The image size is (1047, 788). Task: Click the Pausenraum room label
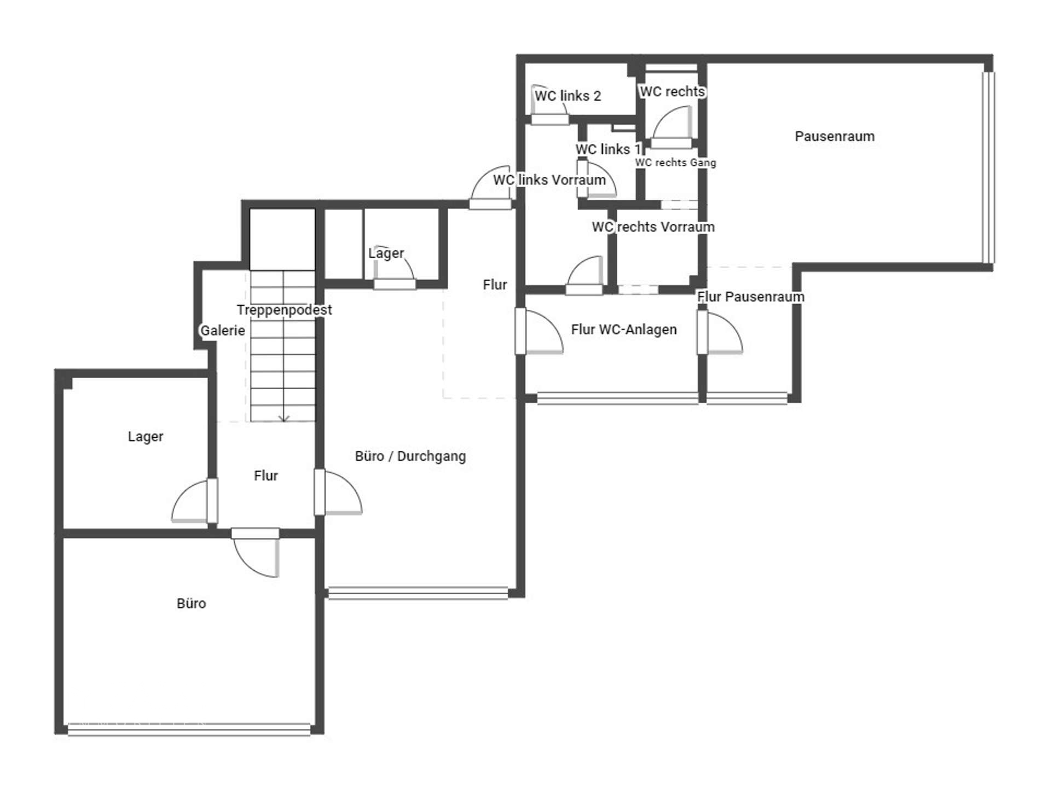[x=834, y=136]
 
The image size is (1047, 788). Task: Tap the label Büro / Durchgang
[x=410, y=456]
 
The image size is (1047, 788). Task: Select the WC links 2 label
[x=568, y=96]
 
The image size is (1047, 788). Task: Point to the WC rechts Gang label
[x=675, y=163]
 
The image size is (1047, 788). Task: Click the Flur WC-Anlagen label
[x=623, y=329]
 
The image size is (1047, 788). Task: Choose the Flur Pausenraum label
[x=750, y=297]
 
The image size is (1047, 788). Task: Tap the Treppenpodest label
[x=284, y=310]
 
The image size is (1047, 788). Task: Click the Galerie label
[x=222, y=331]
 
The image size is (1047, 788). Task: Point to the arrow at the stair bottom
[x=284, y=419]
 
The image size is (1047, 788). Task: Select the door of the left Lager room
[x=192, y=501]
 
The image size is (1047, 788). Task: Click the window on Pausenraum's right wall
[x=988, y=167]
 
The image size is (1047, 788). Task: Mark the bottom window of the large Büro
[x=189, y=729]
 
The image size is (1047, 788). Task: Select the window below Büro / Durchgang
[x=418, y=593]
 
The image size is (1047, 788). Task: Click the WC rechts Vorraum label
[x=653, y=227]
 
